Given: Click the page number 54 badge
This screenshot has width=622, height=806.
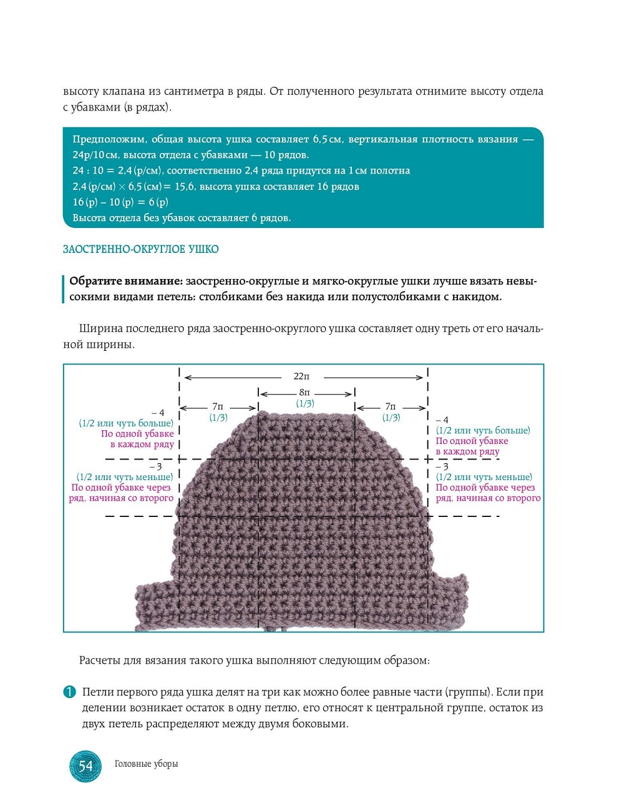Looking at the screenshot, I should point(85,766).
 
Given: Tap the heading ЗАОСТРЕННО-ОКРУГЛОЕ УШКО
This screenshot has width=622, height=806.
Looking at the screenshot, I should point(140,249).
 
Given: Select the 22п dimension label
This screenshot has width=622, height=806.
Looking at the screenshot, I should point(301,376).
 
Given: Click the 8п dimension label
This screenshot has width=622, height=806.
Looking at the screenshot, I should point(304,392).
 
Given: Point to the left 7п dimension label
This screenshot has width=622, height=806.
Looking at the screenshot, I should point(217,406).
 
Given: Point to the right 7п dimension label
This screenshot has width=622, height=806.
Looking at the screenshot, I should point(391,406).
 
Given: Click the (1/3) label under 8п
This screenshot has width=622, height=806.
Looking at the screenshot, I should point(304,404).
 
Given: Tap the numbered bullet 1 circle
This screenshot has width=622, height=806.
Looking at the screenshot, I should point(69,692).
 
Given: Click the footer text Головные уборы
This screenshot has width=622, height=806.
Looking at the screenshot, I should point(146,764).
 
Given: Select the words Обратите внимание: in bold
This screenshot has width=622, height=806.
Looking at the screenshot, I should point(125,281).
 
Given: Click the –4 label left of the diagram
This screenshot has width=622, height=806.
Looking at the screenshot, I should point(158,413).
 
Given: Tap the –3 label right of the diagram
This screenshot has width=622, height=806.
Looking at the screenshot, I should point(442,466).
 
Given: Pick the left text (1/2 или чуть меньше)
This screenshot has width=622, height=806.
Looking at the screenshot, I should point(125,477).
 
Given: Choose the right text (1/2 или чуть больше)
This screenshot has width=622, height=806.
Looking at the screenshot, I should point(483,430).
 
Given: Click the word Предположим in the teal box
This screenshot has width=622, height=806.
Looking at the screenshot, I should point(109,139).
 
